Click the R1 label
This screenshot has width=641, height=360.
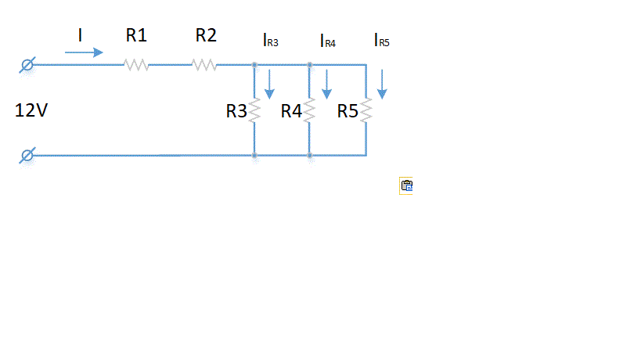click(x=136, y=35)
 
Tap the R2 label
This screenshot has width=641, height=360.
click(x=207, y=35)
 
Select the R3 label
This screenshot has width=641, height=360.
click(x=236, y=111)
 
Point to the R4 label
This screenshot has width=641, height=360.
click(x=291, y=111)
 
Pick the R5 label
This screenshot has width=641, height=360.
click(x=348, y=111)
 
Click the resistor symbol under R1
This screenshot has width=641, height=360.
click(x=136, y=65)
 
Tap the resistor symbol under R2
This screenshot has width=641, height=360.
click(x=205, y=65)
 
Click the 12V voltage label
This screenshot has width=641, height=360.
click(x=31, y=111)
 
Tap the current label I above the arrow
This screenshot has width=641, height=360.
click(x=80, y=34)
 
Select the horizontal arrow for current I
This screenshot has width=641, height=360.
click(x=84, y=52)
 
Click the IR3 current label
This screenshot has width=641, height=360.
click(x=270, y=41)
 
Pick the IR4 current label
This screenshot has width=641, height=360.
click(x=327, y=41)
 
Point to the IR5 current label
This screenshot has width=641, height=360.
click(x=381, y=41)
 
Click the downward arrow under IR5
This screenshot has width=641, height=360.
click(x=382, y=85)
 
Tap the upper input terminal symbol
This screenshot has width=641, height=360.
click(x=27, y=65)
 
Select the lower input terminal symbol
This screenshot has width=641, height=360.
click(x=27, y=155)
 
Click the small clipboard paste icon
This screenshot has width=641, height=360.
click(x=406, y=186)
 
